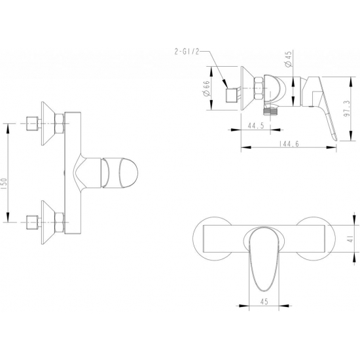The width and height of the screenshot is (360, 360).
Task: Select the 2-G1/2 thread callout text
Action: pos(187,52)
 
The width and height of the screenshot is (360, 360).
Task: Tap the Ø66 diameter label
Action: pos(206,88)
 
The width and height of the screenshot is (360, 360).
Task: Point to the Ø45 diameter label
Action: pos(289,59)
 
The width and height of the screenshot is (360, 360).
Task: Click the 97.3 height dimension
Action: pos(347,109)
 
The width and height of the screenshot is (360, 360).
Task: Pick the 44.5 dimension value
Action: pos(255,126)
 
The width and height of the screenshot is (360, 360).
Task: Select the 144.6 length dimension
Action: pos(289,144)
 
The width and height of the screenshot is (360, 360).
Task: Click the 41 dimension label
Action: pos(350,239)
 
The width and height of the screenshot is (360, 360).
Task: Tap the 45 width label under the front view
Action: pos(264,301)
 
